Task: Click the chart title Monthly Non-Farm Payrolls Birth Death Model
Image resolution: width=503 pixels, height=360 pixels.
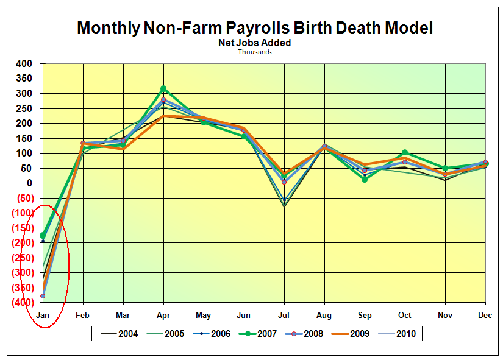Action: click(x=255, y=27)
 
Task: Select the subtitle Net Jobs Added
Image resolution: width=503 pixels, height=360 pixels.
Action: click(x=255, y=43)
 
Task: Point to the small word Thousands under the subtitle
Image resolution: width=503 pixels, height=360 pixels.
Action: click(x=255, y=52)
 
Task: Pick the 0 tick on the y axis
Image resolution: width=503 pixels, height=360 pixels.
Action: click(x=28, y=183)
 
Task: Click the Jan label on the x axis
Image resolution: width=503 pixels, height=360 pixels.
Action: click(x=43, y=315)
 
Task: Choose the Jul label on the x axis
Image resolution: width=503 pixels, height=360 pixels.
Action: click(x=284, y=315)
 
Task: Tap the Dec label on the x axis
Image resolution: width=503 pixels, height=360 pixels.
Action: click(x=485, y=315)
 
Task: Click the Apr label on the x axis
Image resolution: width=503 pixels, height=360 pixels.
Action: click(x=163, y=315)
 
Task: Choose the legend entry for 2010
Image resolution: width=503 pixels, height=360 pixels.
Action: click(x=405, y=334)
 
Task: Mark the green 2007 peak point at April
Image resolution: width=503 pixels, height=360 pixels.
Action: click(x=163, y=89)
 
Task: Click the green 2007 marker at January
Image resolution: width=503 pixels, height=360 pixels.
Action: click(x=43, y=235)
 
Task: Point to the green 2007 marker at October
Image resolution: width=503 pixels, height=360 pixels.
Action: click(x=405, y=153)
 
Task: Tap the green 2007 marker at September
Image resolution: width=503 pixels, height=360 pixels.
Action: click(x=365, y=180)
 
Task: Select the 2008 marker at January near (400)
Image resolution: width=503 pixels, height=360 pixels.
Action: click(x=43, y=296)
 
